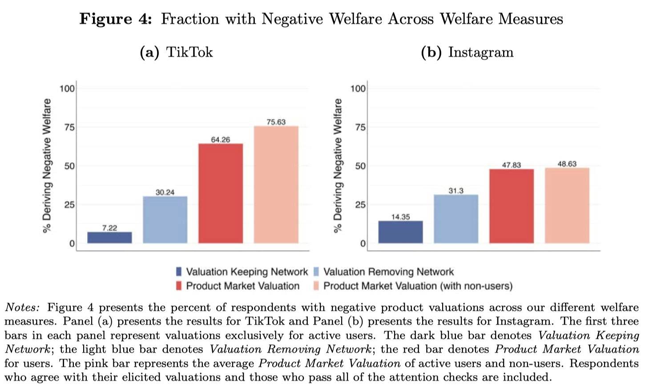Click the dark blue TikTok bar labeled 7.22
point(109,237)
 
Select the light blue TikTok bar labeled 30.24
point(165,220)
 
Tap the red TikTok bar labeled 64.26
point(221,193)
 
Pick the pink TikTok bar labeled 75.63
point(276,184)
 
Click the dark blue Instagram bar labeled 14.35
point(400,232)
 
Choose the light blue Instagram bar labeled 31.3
point(456,219)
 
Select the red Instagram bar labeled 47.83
point(512,206)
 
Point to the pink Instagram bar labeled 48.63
point(567,205)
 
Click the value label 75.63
point(276,122)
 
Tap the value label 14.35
point(400,217)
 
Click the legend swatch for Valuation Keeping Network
point(179,272)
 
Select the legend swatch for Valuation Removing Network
point(316,272)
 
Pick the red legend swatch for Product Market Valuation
point(179,286)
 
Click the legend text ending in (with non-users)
point(418,286)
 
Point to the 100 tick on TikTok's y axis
point(67,88)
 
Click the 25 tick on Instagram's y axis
point(360,205)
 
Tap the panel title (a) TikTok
point(176,52)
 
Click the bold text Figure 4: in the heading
point(116,19)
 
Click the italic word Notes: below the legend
point(22,307)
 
